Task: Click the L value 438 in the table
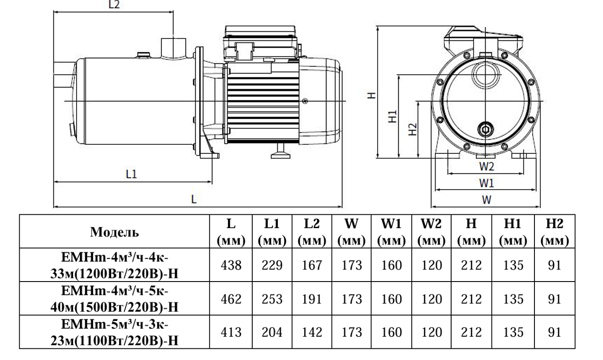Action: pyautogui.click(x=233, y=265)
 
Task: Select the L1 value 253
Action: pyautogui.click(x=272, y=299)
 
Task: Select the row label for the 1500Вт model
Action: pyautogui.click(x=115, y=299)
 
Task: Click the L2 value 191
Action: pyautogui.click(x=312, y=299)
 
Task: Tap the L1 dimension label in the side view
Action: pyautogui.click(x=131, y=175)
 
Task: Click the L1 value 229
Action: pyautogui.click(x=272, y=265)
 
